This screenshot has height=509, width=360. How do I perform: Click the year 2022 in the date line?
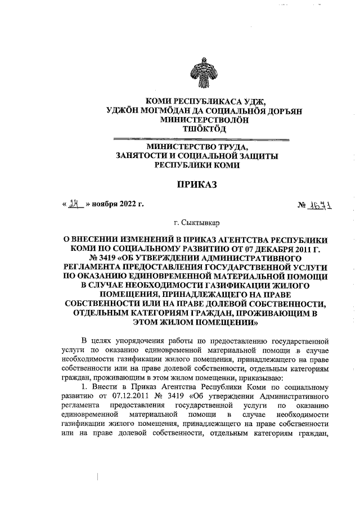[125, 205]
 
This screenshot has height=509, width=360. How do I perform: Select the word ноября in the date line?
[103, 205]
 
